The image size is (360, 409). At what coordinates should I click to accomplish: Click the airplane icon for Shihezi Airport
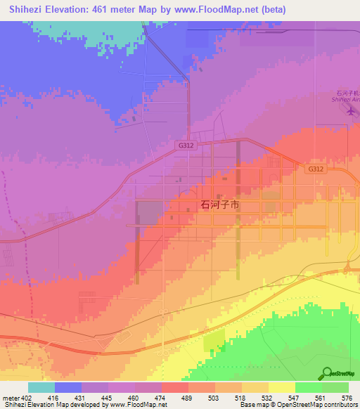[x=351, y=113]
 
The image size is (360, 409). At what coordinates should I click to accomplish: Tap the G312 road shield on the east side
[x=316, y=169]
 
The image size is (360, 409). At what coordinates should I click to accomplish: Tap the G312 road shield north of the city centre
[x=185, y=145]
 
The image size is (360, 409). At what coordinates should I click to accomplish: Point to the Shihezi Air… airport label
[x=345, y=97]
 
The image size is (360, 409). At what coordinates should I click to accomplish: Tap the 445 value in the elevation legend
[x=105, y=398]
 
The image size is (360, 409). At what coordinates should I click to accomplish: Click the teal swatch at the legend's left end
[x=41, y=387]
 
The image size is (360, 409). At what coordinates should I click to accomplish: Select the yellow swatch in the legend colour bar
[x=281, y=387]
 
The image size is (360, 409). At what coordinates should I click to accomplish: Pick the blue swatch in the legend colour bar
[x=68, y=387]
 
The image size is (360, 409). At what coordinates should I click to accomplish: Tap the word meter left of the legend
[x=10, y=398]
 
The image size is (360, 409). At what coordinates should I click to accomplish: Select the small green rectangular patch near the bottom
[x=213, y=342]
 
